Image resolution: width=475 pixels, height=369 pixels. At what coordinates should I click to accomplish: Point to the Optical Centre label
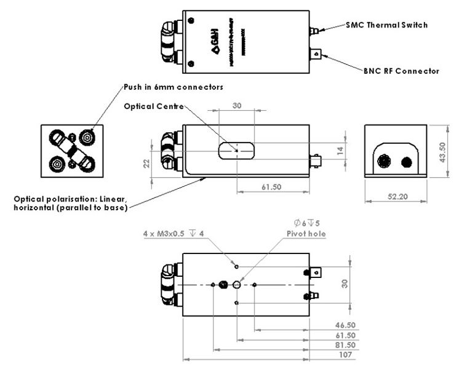click(154, 106)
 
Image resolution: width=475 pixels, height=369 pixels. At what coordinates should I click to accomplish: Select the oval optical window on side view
click(237, 149)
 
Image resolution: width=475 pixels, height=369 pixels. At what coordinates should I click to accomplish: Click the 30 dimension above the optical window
click(237, 106)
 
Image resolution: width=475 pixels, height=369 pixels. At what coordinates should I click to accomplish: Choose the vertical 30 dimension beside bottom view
click(345, 284)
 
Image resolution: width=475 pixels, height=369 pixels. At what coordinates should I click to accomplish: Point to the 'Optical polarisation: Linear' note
click(70, 199)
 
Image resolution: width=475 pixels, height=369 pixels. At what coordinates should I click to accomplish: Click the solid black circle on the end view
click(406, 162)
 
